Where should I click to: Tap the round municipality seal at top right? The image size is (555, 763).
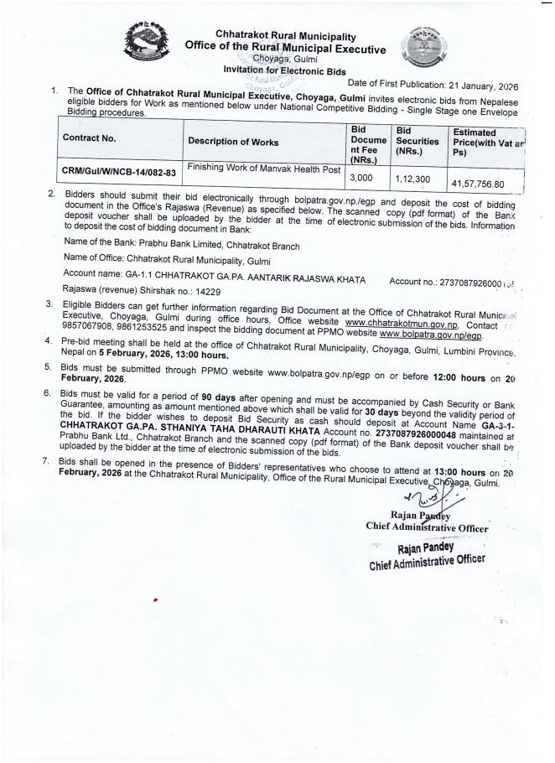[x=428, y=48]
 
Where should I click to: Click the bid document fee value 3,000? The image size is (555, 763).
[x=361, y=178]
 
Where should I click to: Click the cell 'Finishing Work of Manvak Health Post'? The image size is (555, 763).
[x=263, y=169]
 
